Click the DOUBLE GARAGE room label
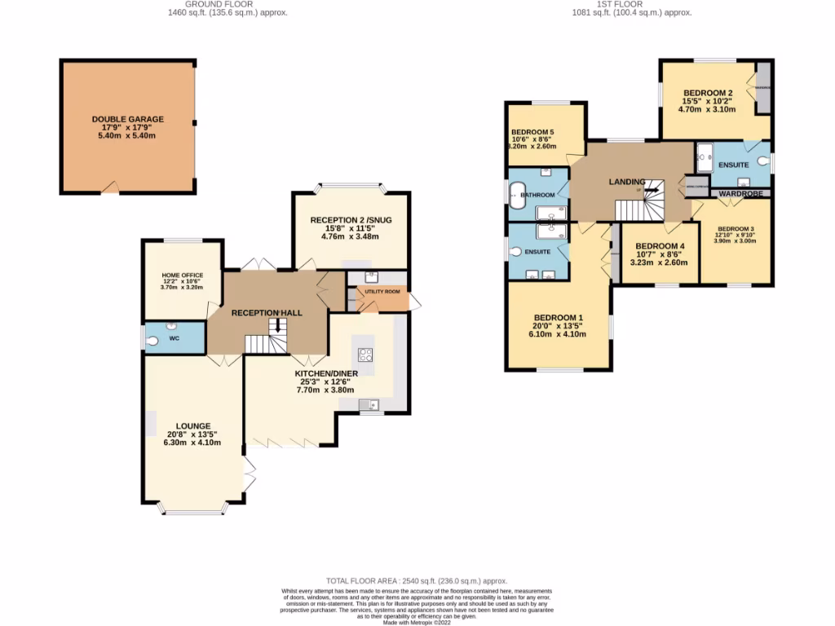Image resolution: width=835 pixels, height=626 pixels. tap(127, 119)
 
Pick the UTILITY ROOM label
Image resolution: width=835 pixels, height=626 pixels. tap(382, 292)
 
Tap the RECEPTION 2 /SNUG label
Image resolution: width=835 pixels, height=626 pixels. tap(351, 220)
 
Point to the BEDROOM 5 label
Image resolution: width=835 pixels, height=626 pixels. tap(532, 132)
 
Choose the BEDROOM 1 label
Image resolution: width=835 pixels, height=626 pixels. tap(558, 317)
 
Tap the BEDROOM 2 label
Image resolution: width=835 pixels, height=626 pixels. tap(707, 93)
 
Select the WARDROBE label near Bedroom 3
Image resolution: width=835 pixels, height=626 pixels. tap(740, 194)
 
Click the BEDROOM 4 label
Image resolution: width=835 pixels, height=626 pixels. tap(660, 246)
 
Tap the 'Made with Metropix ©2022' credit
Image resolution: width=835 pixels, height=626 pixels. tap(417, 623)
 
